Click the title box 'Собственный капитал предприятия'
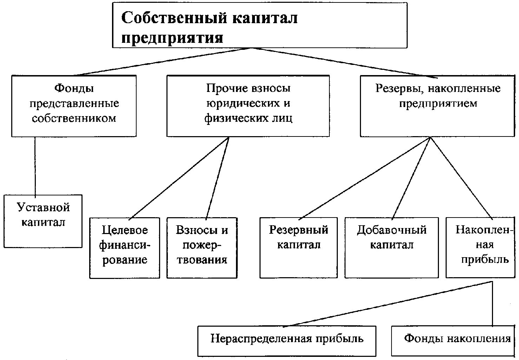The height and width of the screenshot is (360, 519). [259, 25]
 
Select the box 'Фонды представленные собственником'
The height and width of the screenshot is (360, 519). [74, 106]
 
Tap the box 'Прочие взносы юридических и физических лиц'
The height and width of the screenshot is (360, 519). [248, 106]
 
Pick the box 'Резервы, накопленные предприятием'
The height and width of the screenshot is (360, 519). [438, 106]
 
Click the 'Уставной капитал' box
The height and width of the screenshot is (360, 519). [43, 221]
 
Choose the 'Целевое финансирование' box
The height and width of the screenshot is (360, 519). [125, 248]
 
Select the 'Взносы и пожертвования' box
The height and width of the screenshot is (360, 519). [202, 248]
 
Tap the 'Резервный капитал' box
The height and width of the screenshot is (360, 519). [298, 248]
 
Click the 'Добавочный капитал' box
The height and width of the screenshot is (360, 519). [392, 248]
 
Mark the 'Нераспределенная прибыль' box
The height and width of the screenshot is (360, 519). [287, 341]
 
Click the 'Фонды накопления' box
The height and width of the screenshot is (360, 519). [453, 341]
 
